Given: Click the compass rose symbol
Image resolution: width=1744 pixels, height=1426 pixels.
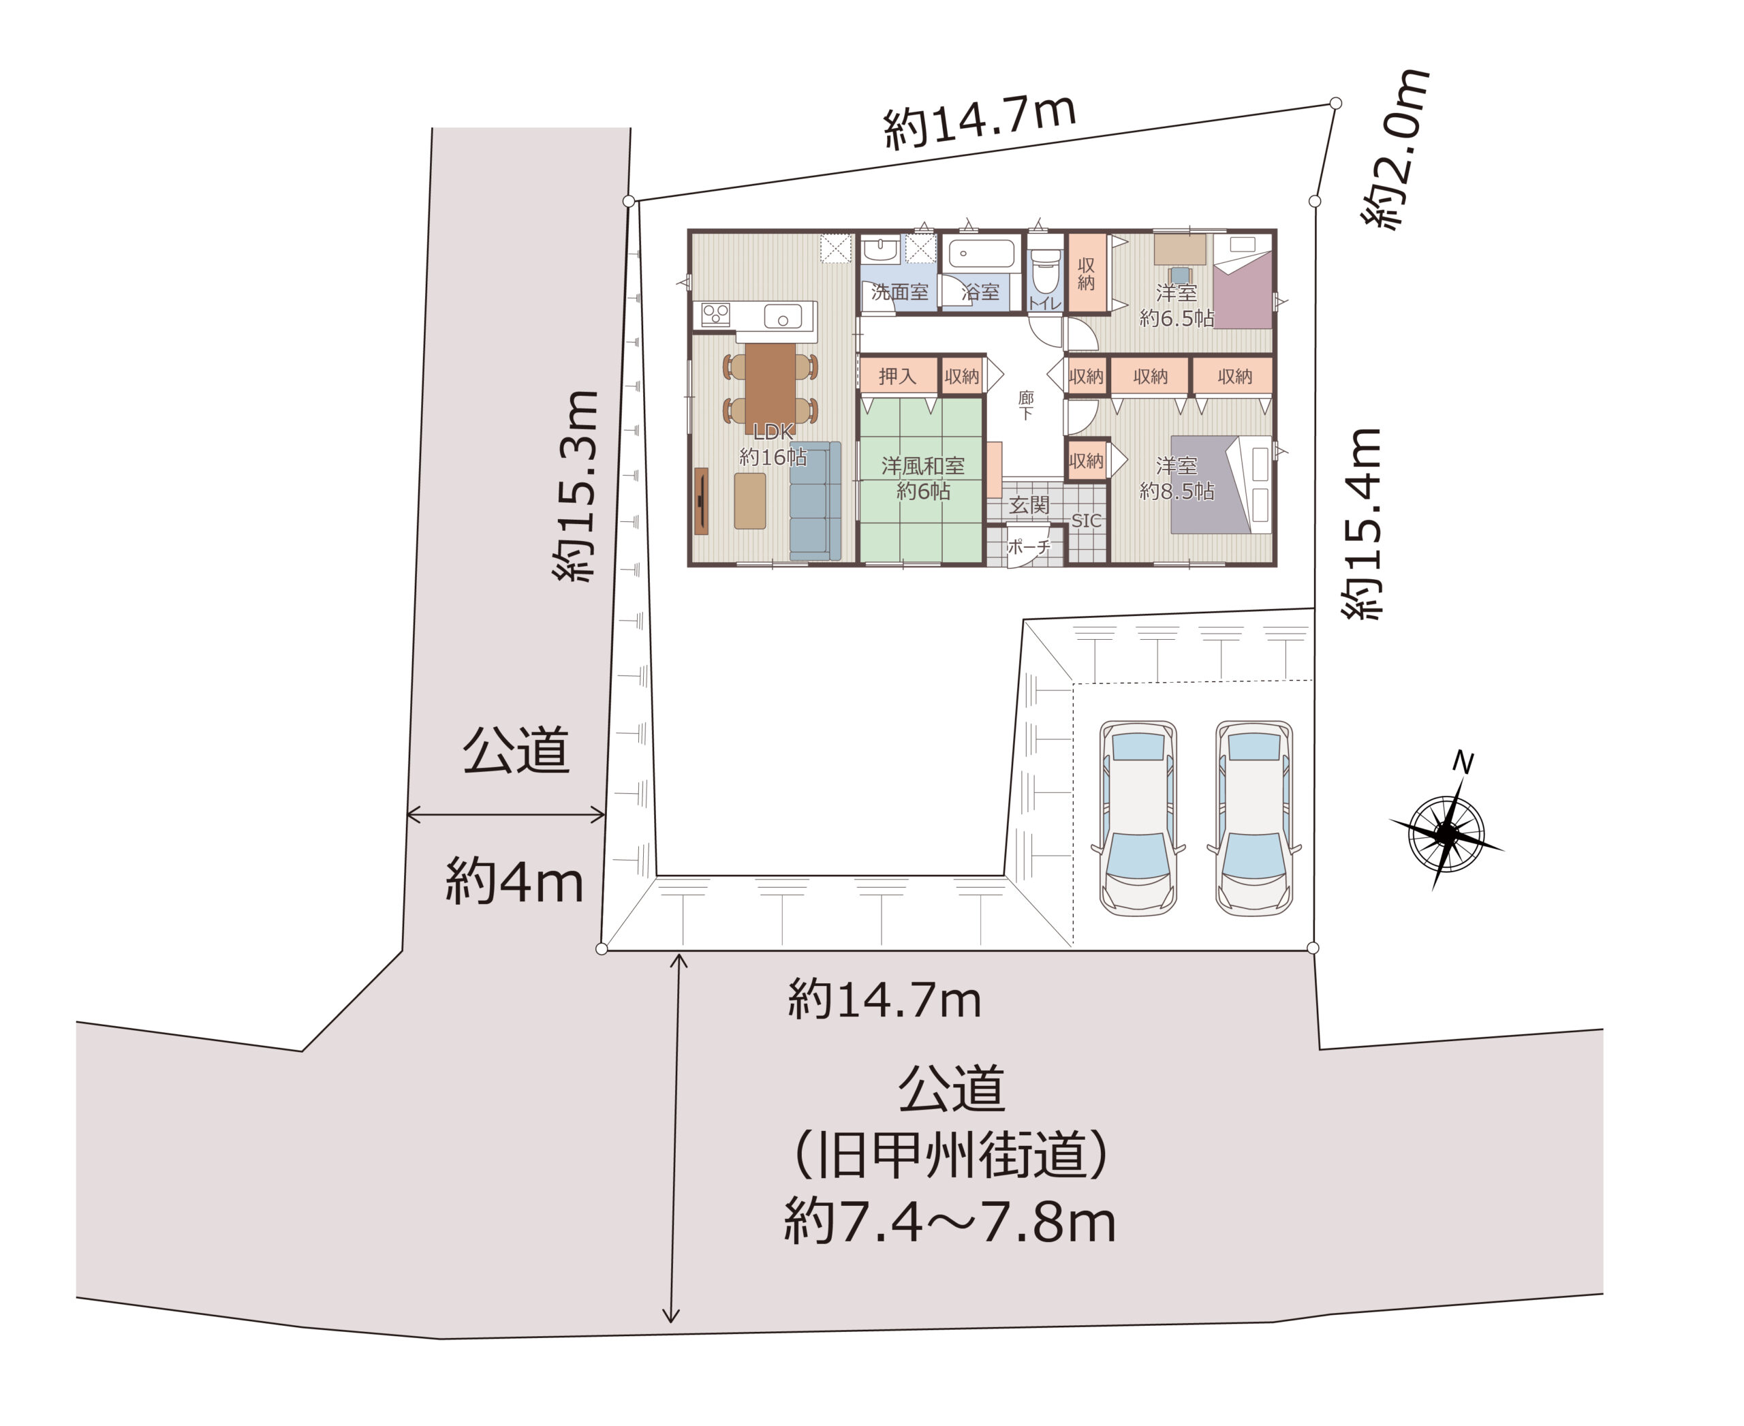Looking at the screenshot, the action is click(x=1446, y=835).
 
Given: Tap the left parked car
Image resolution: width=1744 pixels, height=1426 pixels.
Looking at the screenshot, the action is click(x=1138, y=818).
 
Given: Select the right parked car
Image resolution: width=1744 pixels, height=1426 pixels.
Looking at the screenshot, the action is click(x=1254, y=818).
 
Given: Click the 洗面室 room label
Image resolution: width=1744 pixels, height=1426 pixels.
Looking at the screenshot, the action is click(x=899, y=292).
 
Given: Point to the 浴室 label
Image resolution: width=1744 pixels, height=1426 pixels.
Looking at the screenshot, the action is click(x=980, y=292).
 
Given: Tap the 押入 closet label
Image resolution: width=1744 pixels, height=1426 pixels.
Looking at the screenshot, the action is click(x=897, y=376).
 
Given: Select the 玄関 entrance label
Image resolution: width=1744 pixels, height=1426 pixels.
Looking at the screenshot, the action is click(x=1029, y=505).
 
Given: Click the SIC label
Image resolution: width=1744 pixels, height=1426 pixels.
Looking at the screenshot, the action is click(x=1086, y=521).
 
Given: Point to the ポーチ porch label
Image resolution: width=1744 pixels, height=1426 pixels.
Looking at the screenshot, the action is click(x=1029, y=546).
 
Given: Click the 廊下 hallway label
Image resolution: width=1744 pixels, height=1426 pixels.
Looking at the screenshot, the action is click(x=1026, y=405).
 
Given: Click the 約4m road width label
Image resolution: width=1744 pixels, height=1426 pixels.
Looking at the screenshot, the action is click(x=514, y=882).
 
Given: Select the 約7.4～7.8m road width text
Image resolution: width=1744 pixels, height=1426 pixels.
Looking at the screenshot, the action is click(x=950, y=1222).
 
